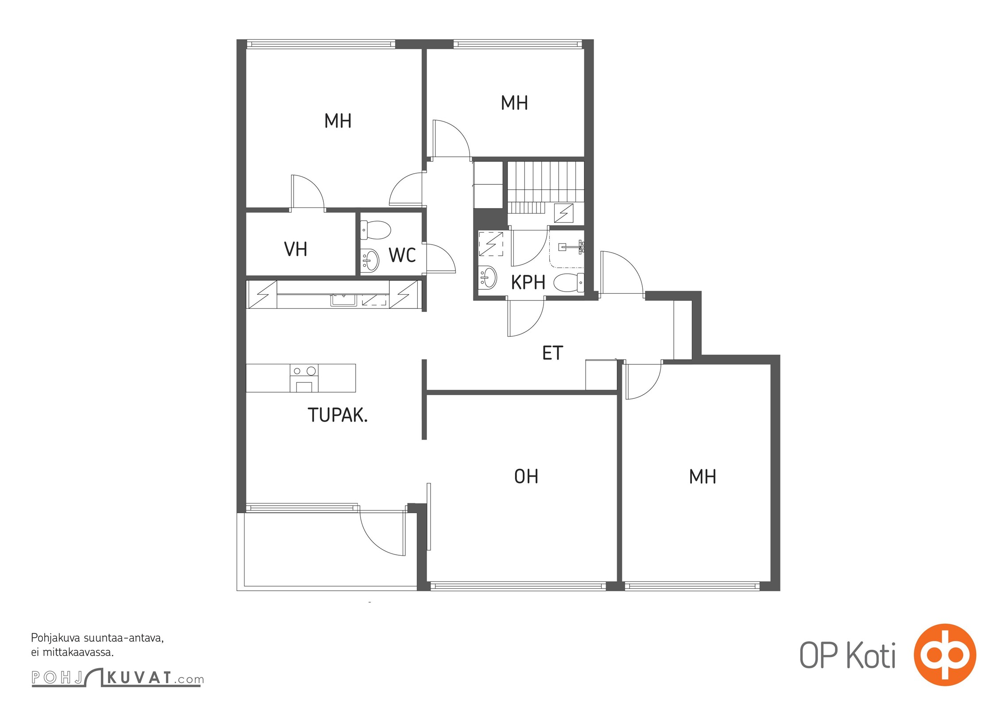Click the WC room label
point(402,255)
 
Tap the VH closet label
point(295,249)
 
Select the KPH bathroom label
point(528,282)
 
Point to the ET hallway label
point(552,353)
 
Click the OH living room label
point(526,476)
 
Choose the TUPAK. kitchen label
point(338,415)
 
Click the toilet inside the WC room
point(375,230)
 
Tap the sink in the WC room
point(370,260)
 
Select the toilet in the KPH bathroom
point(569,282)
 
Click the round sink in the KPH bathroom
point(488,277)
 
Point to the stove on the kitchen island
point(304,378)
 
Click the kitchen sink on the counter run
point(343,300)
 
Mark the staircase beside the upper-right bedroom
point(545,187)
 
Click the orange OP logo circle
point(945,654)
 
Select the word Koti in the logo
point(871,655)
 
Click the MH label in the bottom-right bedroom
point(703,477)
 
